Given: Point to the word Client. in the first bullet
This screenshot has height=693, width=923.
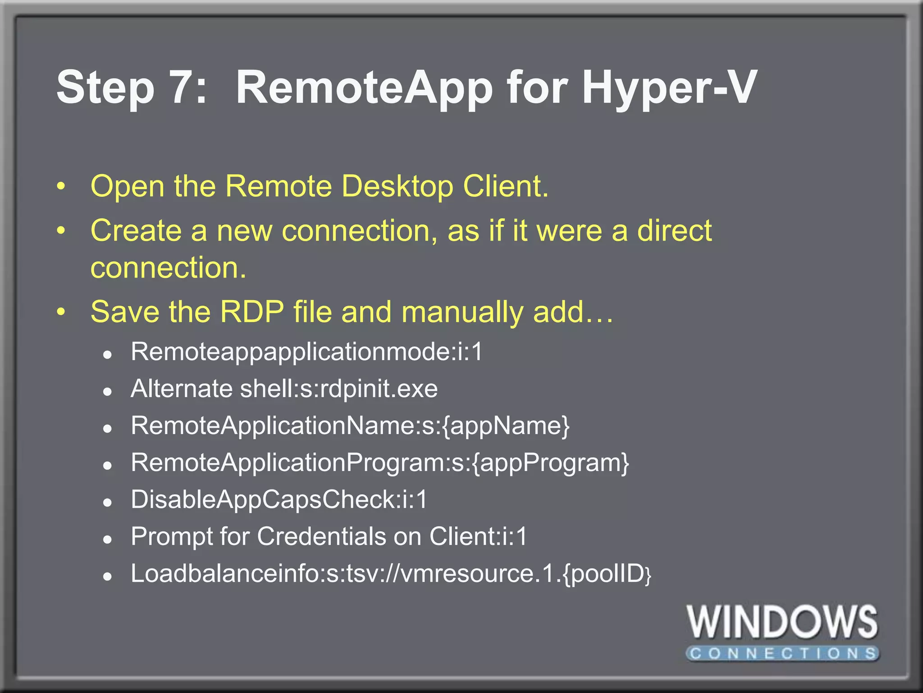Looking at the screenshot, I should [x=506, y=186].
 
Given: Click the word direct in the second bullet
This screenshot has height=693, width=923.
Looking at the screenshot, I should [x=674, y=231].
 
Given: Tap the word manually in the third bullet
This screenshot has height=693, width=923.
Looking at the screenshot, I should [x=461, y=312].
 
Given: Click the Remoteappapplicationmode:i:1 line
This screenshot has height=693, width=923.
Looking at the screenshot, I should [x=306, y=352].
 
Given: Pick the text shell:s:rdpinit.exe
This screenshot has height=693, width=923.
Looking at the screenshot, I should [x=339, y=389].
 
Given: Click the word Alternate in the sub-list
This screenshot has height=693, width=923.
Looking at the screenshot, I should [x=182, y=389].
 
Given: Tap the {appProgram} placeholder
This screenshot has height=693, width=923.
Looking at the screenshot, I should [x=551, y=463].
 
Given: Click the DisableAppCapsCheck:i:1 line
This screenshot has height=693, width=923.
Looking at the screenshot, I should [x=279, y=499].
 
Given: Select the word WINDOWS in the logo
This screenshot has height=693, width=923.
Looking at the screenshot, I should [x=782, y=623].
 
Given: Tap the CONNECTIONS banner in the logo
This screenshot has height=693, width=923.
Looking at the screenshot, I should [x=782, y=653].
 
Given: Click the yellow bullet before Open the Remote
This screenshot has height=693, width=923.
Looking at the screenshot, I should [x=61, y=186].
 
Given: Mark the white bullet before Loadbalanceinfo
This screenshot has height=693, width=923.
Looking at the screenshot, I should [x=107, y=577].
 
